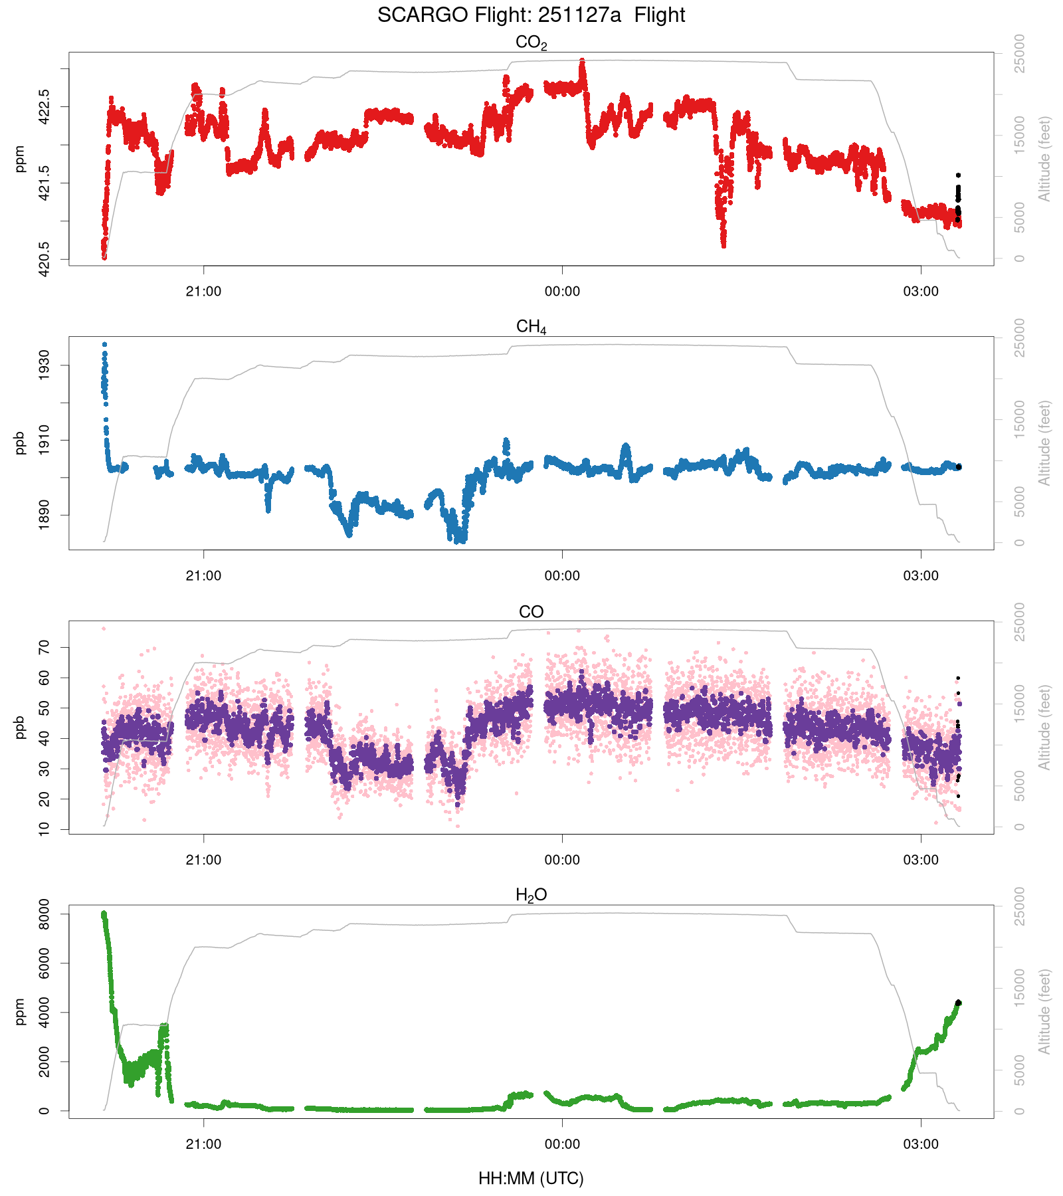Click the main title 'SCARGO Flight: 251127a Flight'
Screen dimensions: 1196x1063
click(531, 15)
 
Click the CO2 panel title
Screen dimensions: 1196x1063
click(531, 43)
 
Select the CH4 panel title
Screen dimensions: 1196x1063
click(531, 327)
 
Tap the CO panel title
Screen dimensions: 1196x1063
click(531, 611)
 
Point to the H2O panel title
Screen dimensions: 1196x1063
click(531, 896)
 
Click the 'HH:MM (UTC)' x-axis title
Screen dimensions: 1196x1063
click(531, 1179)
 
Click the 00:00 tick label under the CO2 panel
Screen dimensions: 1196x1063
click(562, 291)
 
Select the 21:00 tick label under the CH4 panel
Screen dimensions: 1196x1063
click(203, 575)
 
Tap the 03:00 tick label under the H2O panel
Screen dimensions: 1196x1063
click(921, 1144)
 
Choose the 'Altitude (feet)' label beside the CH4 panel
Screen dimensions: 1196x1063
click(1044, 443)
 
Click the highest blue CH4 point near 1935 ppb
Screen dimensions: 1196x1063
click(104, 345)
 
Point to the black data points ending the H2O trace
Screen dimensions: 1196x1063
click(958, 1003)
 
